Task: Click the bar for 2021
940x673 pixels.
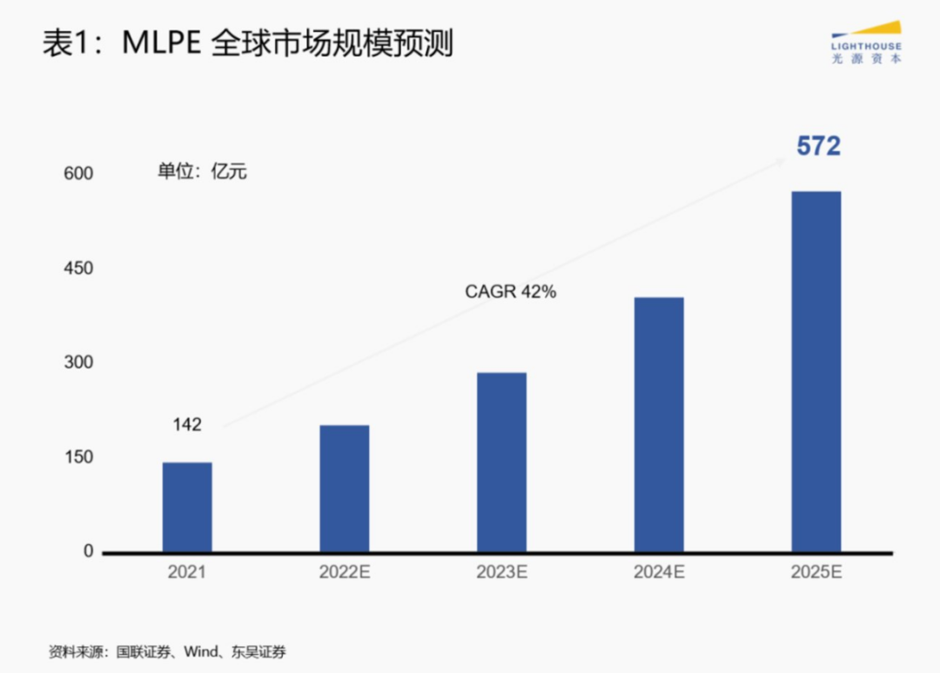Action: (x=187, y=507)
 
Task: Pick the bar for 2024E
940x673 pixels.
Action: (x=659, y=424)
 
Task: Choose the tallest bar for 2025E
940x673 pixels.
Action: (x=816, y=371)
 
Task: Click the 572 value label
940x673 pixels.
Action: (x=818, y=147)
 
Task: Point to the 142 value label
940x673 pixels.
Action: (x=186, y=425)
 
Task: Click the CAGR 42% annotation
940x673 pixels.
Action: (x=510, y=292)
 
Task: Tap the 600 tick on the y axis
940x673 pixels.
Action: (x=78, y=174)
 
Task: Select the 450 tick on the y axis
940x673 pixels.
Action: (x=78, y=269)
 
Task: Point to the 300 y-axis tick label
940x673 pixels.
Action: (x=78, y=363)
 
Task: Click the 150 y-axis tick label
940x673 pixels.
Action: (x=78, y=457)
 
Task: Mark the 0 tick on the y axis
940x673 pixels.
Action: (x=88, y=551)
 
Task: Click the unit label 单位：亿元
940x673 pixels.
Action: (x=202, y=171)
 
